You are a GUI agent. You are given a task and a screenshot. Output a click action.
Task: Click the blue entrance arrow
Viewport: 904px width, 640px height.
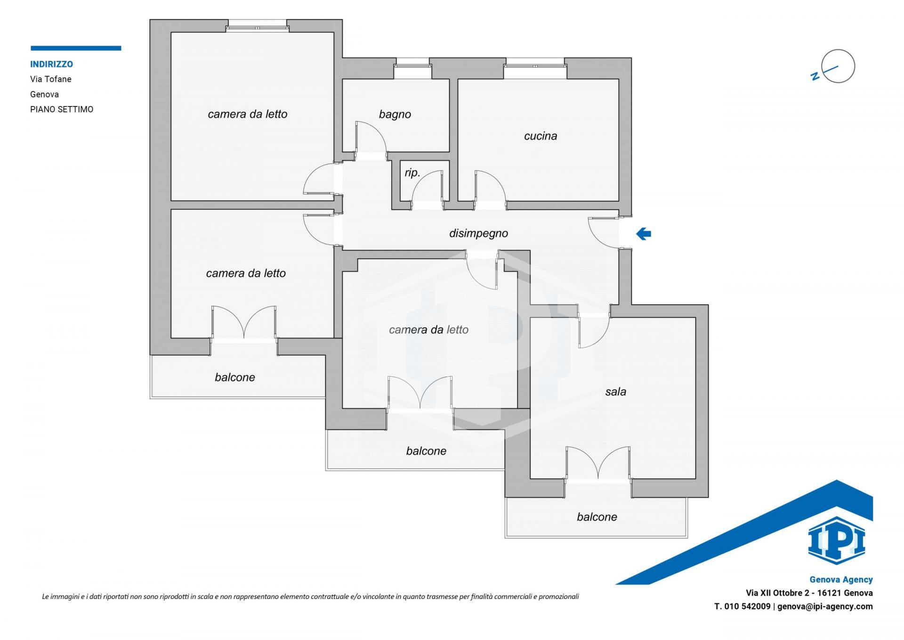pos(643,233)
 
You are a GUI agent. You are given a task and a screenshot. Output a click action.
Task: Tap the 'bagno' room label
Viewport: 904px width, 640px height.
pos(395,115)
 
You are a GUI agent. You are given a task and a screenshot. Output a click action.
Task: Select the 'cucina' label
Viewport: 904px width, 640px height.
pos(541,136)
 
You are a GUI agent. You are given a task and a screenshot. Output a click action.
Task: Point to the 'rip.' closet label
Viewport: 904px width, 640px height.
pos(412,173)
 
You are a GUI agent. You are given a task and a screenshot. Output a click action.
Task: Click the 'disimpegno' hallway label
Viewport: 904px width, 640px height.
pos(478,233)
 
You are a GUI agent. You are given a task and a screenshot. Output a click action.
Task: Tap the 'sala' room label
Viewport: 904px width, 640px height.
pos(615,392)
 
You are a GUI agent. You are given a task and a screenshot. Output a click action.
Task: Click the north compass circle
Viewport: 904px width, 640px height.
pos(838,66)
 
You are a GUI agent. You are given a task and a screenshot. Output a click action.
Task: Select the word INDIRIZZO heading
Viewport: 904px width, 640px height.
pos(51,64)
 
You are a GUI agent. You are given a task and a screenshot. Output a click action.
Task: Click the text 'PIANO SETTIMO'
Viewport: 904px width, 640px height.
pos(62,109)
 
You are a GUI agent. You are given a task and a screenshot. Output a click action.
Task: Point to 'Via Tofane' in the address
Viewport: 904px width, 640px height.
pos(51,79)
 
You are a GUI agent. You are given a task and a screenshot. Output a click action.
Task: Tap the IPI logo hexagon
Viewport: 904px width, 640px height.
pos(836,541)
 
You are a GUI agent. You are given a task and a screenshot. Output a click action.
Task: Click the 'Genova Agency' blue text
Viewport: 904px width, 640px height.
pos(841,580)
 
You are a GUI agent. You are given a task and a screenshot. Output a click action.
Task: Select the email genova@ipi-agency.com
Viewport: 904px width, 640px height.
pos(825,607)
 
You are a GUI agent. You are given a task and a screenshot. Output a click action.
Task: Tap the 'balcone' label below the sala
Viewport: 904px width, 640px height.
pos(597,517)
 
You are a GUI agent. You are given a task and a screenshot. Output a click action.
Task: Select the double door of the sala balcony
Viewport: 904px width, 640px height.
pos(598,464)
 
